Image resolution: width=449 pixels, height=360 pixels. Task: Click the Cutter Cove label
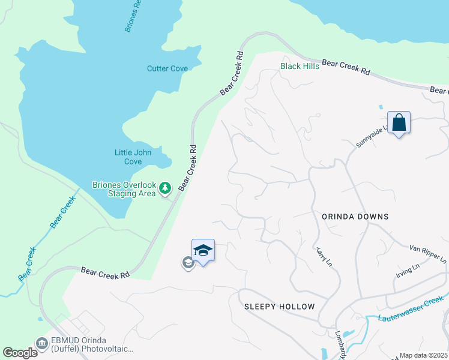pyautogui.click(x=167, y=68)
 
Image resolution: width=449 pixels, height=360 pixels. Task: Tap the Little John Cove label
pyautogui.click(x=133, y=157)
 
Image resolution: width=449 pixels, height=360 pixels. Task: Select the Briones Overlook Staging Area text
pyautogui.click(x=123, y=189)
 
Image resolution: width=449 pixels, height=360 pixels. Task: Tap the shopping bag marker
pyautogui.click(x=399, y=123)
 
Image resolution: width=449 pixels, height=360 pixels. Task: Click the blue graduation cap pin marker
pyautogui.click(x=203, y=251)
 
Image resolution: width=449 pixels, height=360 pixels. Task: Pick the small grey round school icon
pyautogui.click(x=188, y=262)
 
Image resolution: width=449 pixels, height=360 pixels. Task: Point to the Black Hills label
pyautogui.click(x=300, y=66)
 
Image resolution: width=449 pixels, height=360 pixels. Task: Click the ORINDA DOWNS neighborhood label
pyautogui.click(x=355, y=217)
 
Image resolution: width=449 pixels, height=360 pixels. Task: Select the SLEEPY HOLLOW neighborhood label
pyautogui.click(x=279, y=307)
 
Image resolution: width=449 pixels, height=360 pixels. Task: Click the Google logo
pyautogui.click(x=20, y=353)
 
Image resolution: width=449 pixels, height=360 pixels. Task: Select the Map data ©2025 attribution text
pyautogui.click(x=424, y=355)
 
